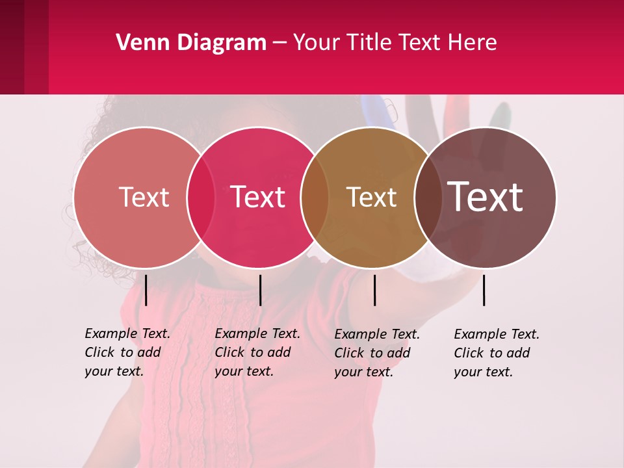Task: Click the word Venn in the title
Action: pyautogui.click(x=139, y=43)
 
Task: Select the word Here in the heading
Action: pyautogui.click(x=474, y=43)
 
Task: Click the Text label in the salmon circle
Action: pyautogui.click(x=144, y=197)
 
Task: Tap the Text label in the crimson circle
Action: pyautogui.click(x=257, y=197)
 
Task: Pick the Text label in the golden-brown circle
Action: pyautogui.click(x=371, y=197)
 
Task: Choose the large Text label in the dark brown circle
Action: pyautogui.click(x=485, y=196)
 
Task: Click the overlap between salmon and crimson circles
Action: pyautogui.click(x=201, y=198)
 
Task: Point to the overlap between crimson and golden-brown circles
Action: pyautogui.click(x=315, y=198)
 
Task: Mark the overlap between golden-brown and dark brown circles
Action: pyautogui.click(x=428, y=198)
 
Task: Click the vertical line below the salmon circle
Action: pyautogui.click(x=146, y=290)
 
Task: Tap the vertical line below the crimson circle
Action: pyautogui.click(x=260, y=290)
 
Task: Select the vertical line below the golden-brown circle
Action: pyautogui.click(x=374, y=290)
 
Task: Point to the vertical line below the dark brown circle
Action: pyautogui.click(x=484, y=290)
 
